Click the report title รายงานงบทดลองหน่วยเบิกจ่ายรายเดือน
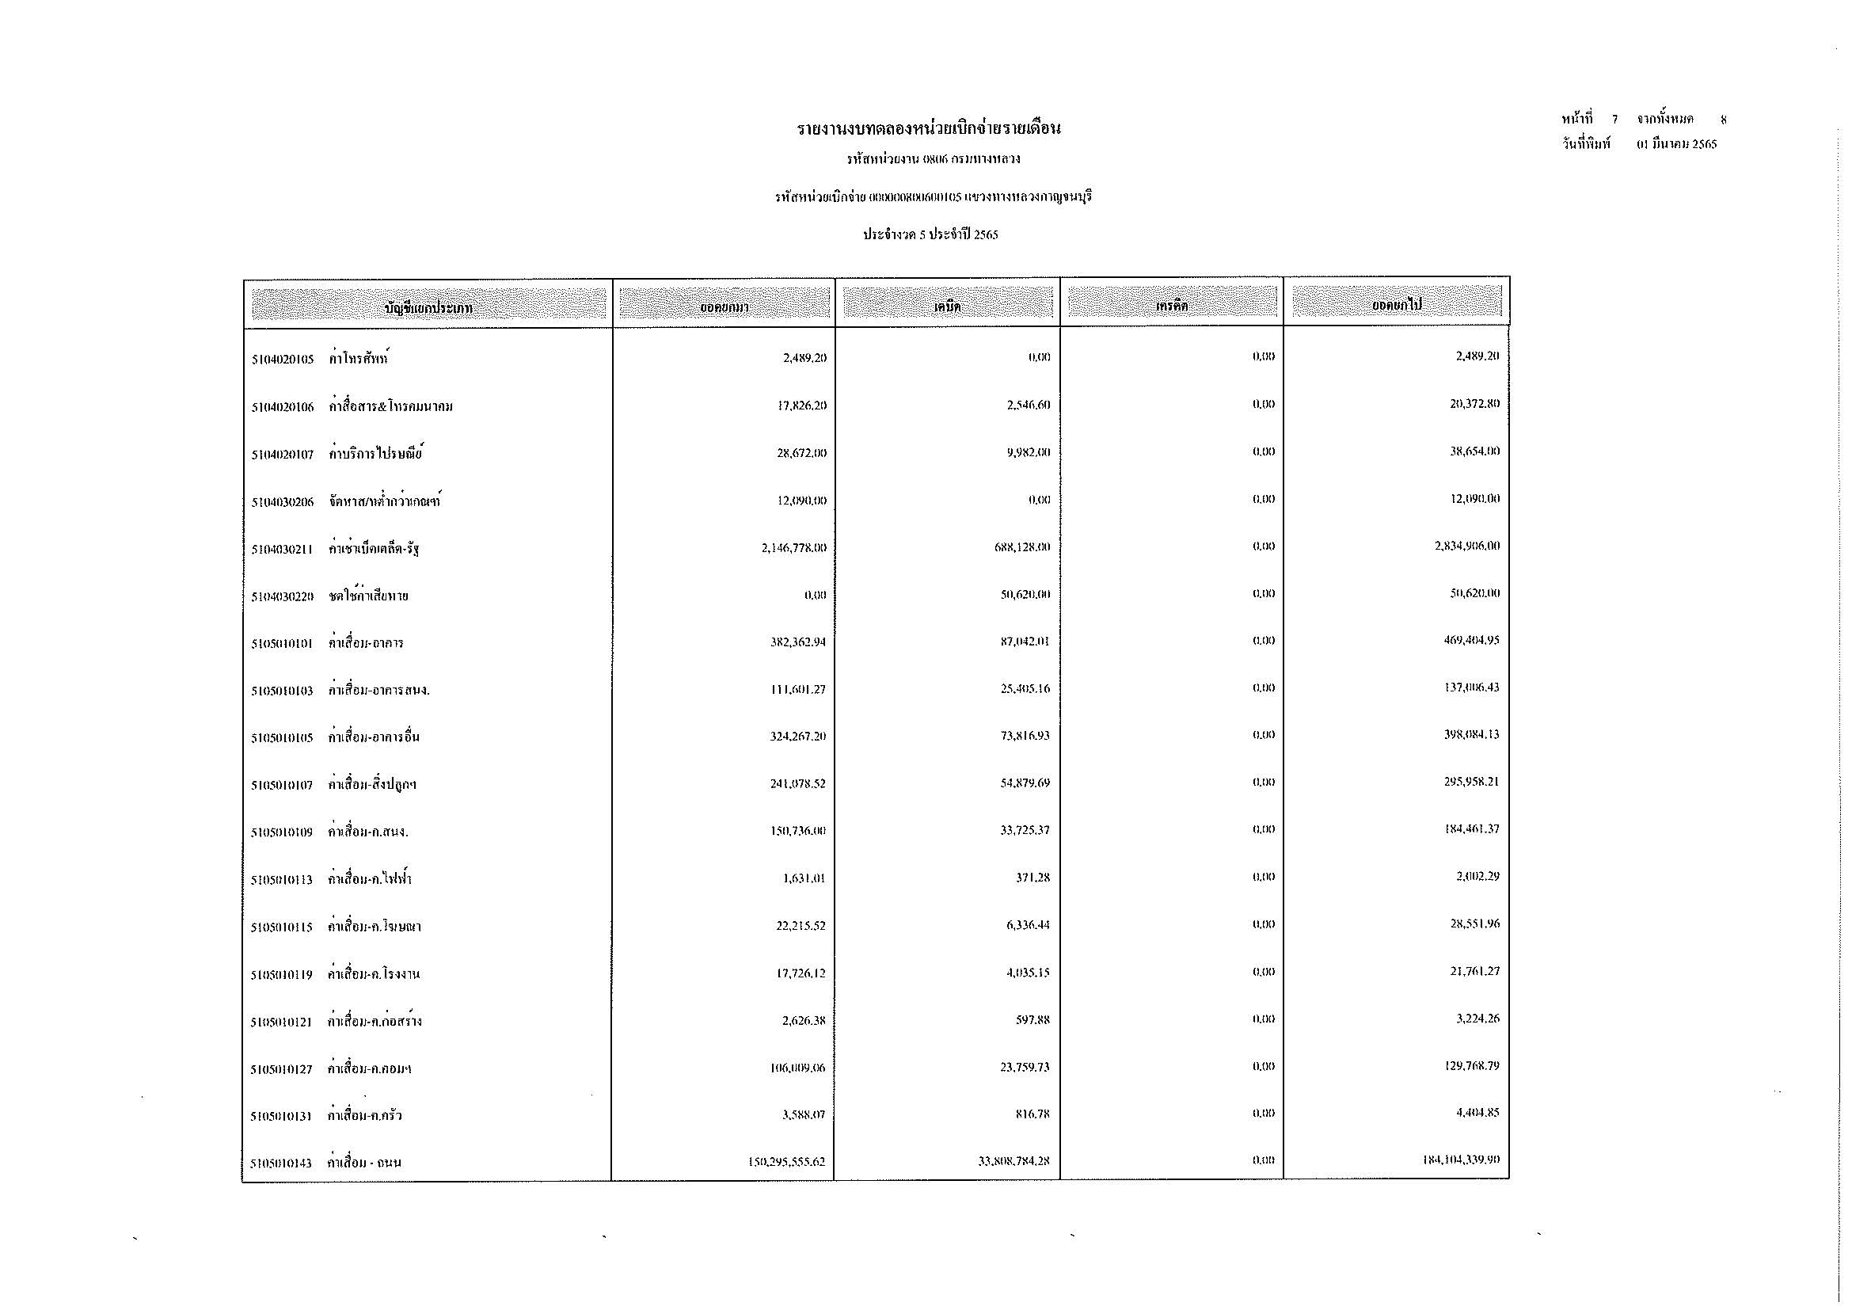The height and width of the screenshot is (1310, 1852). [929, 129]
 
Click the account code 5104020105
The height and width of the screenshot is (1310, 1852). [282, 360]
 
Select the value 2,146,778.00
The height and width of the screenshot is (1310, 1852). [793, 548]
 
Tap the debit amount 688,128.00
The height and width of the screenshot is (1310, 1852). [1022, 547]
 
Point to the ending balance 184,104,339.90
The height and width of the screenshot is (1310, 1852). [1461, 1160]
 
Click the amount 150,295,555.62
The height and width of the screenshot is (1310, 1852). [786, 1163]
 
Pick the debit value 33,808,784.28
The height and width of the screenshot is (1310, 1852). [1013, 1162]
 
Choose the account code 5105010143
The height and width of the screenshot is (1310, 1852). [281, 1163]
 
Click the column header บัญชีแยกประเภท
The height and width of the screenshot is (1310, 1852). [428, 307]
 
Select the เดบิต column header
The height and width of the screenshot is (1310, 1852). [947, 307]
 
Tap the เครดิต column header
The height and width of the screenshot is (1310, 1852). [1171, 306]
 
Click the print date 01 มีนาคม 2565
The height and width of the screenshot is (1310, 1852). [1677, 144]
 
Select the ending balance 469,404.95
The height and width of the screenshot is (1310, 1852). [1471, 641]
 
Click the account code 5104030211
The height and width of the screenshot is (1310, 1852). [282, 550]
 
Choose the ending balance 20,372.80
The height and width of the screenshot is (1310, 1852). [1474, 403]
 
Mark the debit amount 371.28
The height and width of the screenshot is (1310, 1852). [1032, 878]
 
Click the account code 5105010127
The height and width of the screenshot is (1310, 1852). [281, 1069]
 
